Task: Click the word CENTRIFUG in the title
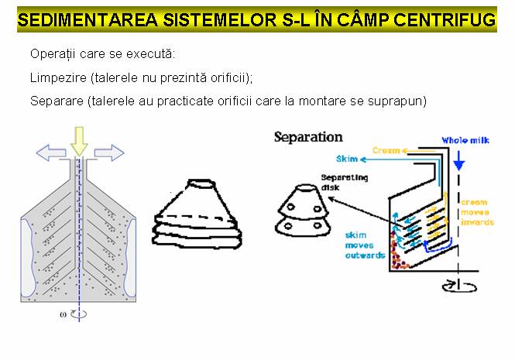(x=445, y=19)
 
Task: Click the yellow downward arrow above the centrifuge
(x=79, y=141)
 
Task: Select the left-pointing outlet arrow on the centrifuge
(x=51, y=153)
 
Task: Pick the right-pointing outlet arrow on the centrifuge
(x=109, y=153)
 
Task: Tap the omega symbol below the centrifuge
(x=63, y=314)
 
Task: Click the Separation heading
(x=308, y=137)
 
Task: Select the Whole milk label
(x=465, y=141)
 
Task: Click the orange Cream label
(x=386, y=150)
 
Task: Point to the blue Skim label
(x=346, y=159)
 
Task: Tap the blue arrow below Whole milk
(x=458, y=161)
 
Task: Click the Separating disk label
(x=344, y=182)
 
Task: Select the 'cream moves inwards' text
(x=477, y=212)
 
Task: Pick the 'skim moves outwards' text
(x=365, y=245)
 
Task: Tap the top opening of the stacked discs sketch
(x=201, y=183)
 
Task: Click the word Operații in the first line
(x=53, y=54)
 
